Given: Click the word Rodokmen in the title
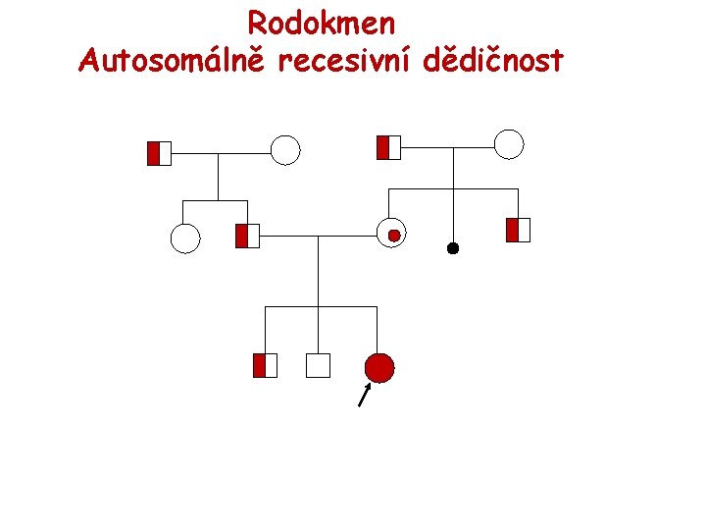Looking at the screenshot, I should (321, 23).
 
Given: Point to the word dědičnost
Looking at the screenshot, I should (494, 61).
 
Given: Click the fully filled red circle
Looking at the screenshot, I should (379, 367).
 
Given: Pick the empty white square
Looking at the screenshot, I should (318, 366).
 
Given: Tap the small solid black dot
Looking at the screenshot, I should (453, 248).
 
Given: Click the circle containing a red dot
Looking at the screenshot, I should (391, 233).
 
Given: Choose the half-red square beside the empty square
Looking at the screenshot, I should (265, 365).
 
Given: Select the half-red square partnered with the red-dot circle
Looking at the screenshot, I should (247, 236).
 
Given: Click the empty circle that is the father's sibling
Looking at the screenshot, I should (185, 238).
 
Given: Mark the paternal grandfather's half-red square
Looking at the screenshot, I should (159, 153).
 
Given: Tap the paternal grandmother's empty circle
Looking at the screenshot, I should (284, 150).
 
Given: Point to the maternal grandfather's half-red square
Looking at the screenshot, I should (389, 147).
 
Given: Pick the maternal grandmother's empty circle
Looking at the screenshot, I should (509, 144).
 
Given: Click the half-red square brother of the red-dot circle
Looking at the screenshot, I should (518, 231).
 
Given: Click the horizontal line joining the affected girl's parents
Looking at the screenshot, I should (319, 236).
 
